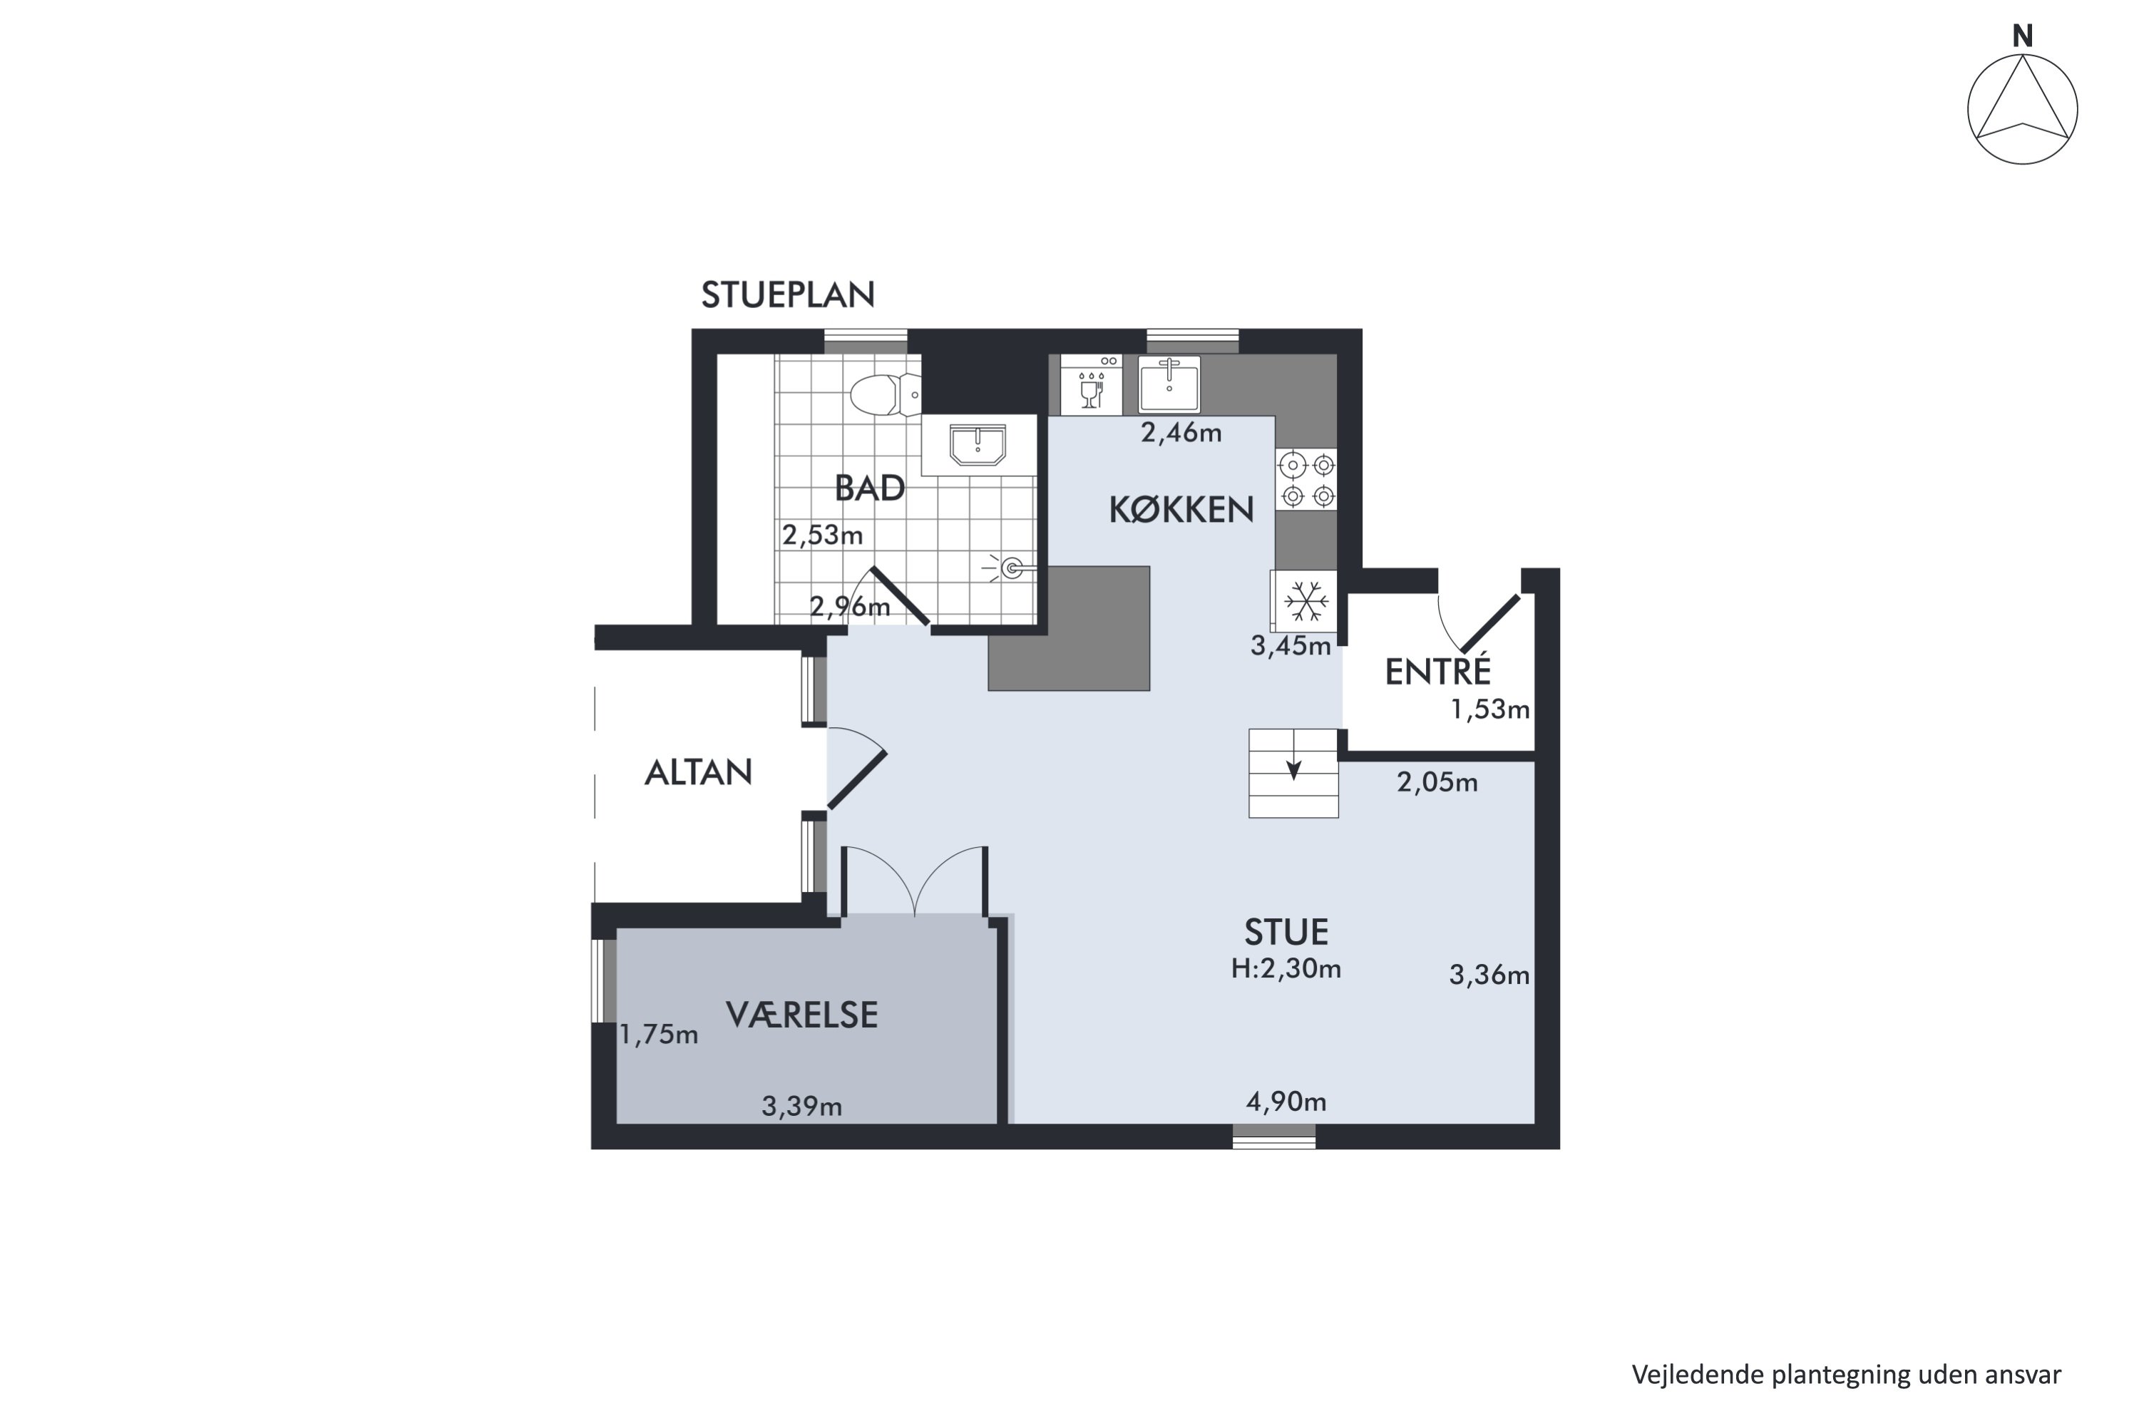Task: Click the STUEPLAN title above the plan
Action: pos(788,294)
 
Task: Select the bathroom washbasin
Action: pos(978,445)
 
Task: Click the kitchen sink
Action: pos(1169,384)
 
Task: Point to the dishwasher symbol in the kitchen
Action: pos(1090,385)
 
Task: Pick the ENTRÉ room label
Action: pos(1438,671)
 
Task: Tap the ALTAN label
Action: pos(699,772)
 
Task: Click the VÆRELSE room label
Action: pos(802,1014)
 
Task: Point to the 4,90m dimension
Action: pos(1286,1102)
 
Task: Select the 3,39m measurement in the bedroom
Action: pos(801,1106)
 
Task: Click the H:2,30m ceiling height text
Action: pos(1286,968)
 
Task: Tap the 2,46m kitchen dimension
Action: pos(1181,432)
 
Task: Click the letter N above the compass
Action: pos(2023,36)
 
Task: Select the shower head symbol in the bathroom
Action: pos(1007,568)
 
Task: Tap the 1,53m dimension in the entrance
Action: pos(1489,709)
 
